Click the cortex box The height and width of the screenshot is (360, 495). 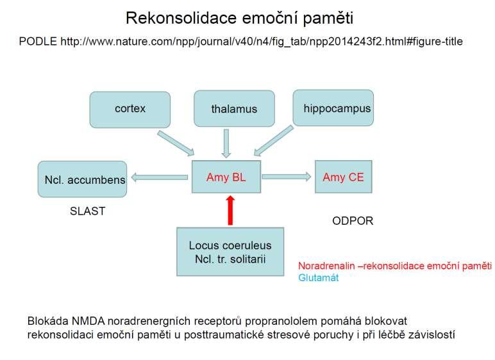pyautogui.click(x=130, y=110)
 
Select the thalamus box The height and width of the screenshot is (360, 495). pyautogui.click(x=234, y=109)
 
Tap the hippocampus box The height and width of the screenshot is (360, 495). pyautogui.click(x=333, y=108)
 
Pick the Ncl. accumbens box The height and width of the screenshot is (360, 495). pyautogui.click(x=83, y=179)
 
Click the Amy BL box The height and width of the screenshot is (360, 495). pyautogui.click(x=226, y=177)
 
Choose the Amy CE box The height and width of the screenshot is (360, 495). pyautogui.click(x=344, y=177)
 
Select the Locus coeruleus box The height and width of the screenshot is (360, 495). pyautogui.click(x=230, y=252)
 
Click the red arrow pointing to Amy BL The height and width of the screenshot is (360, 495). pyautogui.click(x=230, y=210)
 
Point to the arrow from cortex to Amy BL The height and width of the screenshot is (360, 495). pyautogui.click(x=176, y=143)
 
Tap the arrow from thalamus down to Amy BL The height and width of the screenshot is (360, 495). pyautogui.click(x=226, y=143)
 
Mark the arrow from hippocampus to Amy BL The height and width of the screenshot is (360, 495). pyautogui.click(x=274, y=141)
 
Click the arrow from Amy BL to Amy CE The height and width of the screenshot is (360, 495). pyautogui.click(x=287, y=177)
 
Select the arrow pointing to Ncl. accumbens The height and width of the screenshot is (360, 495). pyautogui.click(x=160, y=177)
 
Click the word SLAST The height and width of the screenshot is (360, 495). pyautogui.click(x=87, y=211)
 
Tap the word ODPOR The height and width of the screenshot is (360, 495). pyautogui.click(x=353, y=221)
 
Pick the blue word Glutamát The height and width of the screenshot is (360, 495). pyautogui.click(x=318, y=277)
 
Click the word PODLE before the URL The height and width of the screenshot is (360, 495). pyautogui.click(x=38, y=42)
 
